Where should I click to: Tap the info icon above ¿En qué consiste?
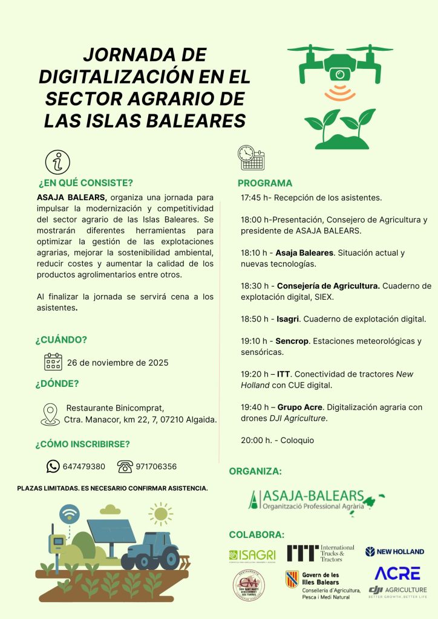coord(58,162)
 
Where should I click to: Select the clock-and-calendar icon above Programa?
coord(251,158)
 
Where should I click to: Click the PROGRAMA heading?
coord(265,183)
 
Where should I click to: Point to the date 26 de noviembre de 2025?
coord(117,363)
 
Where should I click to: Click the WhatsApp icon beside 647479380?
coord(53,466)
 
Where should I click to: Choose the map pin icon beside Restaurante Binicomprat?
coord(50,414)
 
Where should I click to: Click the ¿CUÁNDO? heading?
coord(61,340)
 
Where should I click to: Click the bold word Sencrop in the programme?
coord(292,341)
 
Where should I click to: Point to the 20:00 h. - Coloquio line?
coord(277,440)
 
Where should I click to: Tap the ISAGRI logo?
coord(252,555)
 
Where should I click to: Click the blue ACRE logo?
coord(397,573)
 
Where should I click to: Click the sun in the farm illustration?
coord(160,514)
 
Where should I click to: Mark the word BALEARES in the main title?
coord(195,120)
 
